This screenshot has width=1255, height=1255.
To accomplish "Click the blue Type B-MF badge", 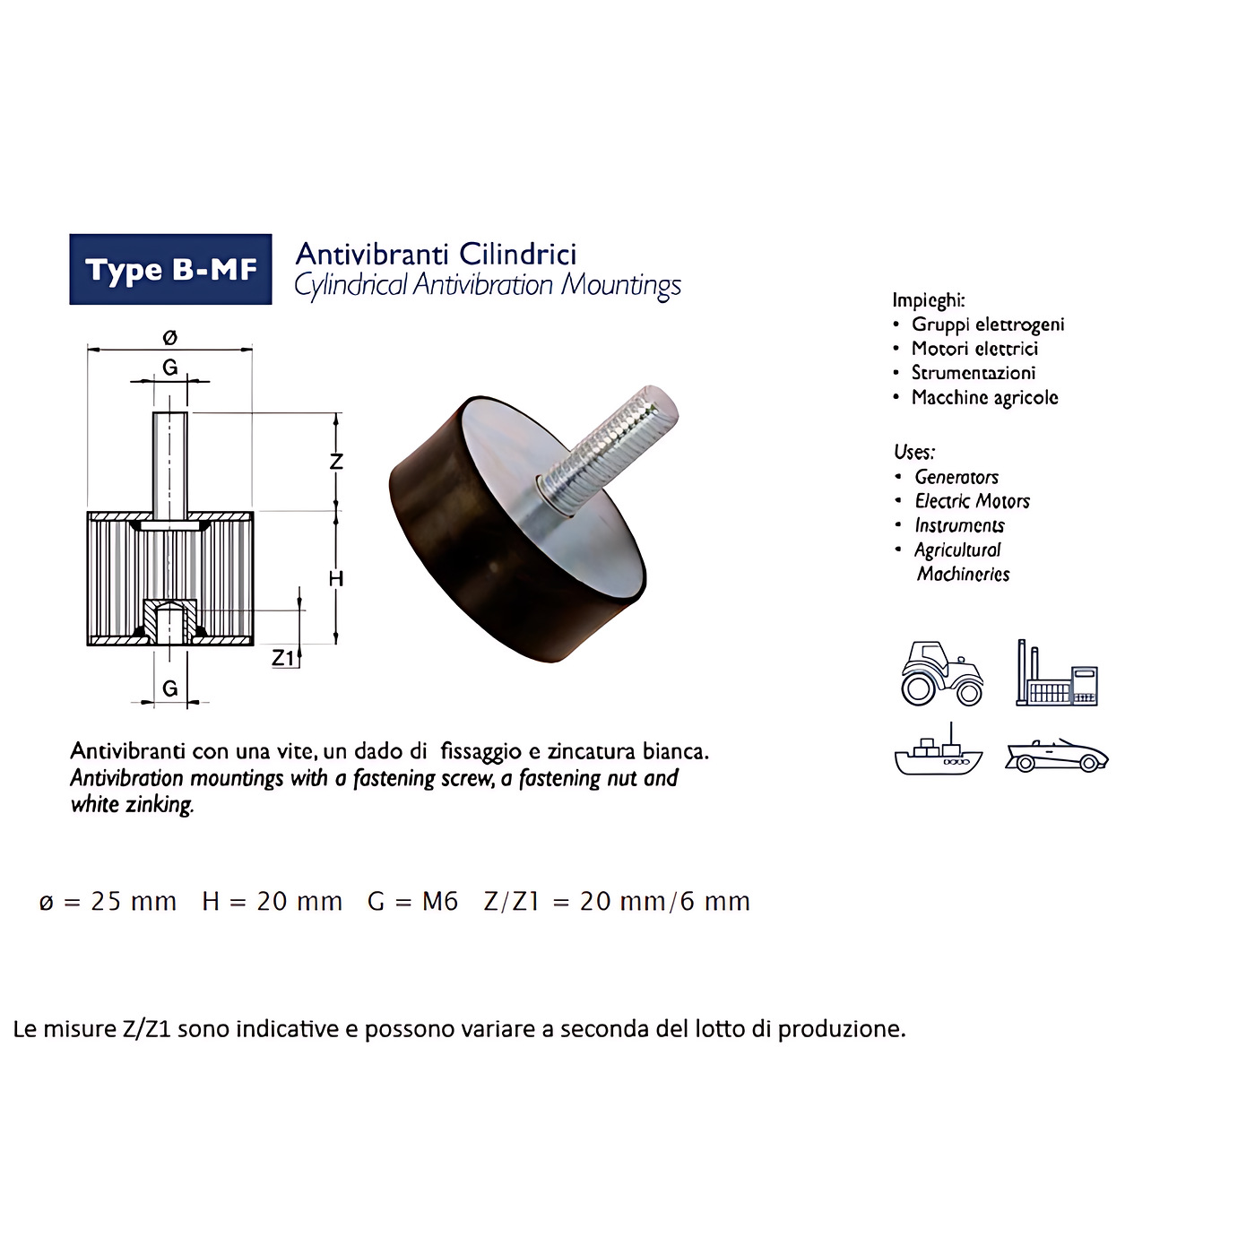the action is click(170, 269).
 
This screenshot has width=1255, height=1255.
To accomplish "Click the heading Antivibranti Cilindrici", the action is click(437, 254).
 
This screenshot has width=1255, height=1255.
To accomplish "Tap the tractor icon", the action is click(942, 673).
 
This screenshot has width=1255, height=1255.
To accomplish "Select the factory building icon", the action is click(1056, 672).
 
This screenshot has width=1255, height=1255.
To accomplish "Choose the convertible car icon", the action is click(1056, 756).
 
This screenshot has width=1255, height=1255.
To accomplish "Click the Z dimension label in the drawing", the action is click(336, 461).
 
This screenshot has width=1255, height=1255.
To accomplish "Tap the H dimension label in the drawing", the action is click(336, 578).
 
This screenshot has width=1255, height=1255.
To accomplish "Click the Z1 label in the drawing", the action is click(283, 658).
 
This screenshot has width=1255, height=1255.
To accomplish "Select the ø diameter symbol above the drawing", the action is click(170, 337).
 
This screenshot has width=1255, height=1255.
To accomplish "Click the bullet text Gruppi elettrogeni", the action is click(988, 325).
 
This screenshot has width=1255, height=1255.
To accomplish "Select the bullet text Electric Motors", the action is click(973, 501).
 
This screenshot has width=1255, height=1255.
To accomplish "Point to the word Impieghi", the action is click(928, 300).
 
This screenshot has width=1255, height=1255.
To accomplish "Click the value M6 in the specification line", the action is click(440, 902).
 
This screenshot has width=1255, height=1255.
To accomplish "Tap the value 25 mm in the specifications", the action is click(134, 902).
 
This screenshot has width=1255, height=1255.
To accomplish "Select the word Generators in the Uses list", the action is click(956, 477).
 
